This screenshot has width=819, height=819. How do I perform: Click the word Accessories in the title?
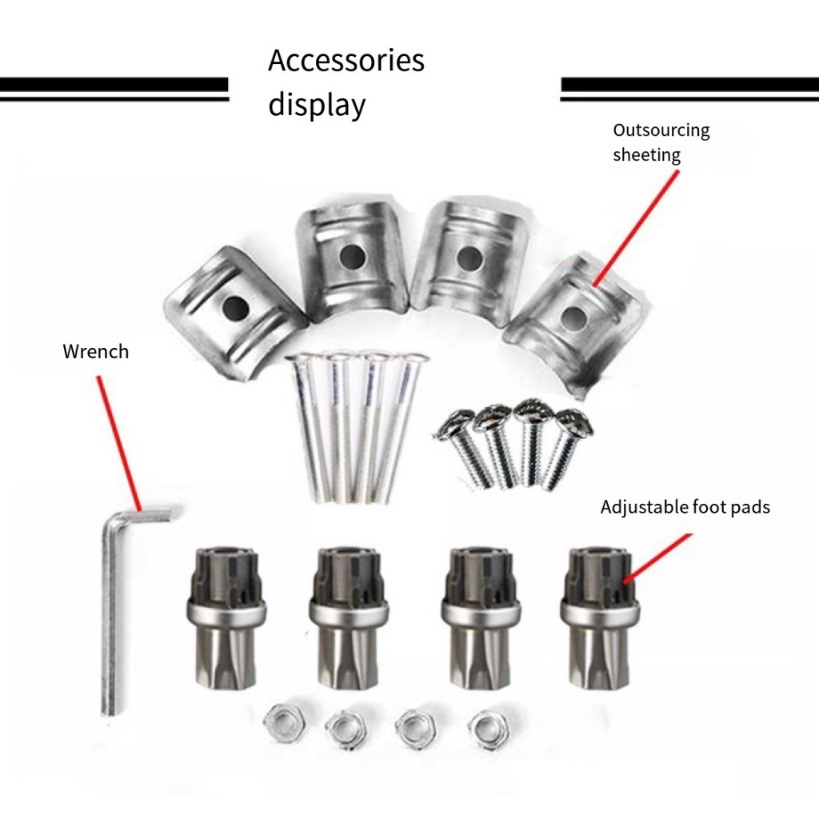(x=346, y=62)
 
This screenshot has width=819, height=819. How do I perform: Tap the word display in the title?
(x=317, y=106)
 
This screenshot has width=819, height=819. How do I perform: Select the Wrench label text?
(x=95, y=351)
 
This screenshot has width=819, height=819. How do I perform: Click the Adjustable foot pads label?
(x=685, y=507)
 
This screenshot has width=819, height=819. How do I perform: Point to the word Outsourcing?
(x=661, y=130)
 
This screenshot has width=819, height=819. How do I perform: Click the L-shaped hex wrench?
(x=113, y=608)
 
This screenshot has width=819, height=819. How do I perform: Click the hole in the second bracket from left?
(x=350, y=256)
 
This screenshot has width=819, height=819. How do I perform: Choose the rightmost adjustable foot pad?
(x=599, y=616)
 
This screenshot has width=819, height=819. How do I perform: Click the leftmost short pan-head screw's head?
(x=453, y=424)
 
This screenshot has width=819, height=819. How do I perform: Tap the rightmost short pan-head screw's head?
(x=573, y=425)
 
